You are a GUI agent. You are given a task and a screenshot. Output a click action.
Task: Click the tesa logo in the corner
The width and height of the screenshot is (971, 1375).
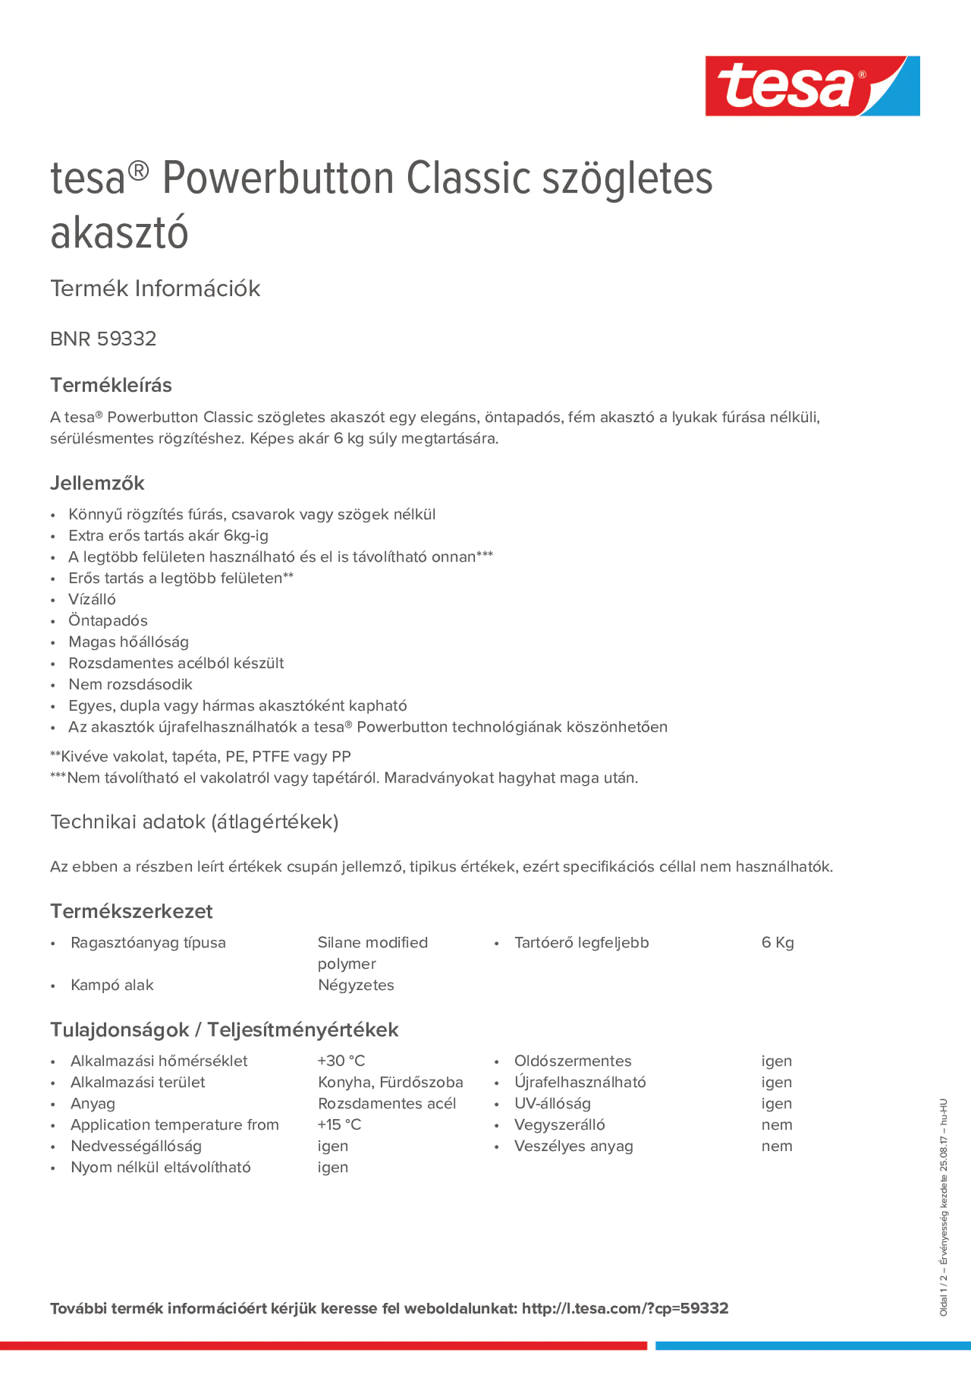(x=812, y=85)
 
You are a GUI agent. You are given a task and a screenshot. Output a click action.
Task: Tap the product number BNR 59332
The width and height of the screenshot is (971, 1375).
(x=103, y=339)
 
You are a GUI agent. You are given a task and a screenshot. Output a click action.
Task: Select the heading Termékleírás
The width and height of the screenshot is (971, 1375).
(x=111, y=385)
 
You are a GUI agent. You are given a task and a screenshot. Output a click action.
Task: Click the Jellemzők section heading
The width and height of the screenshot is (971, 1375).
(x=97, y=483)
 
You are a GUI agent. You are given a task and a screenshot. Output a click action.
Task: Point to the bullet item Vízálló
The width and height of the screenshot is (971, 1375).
(x=92, y=599)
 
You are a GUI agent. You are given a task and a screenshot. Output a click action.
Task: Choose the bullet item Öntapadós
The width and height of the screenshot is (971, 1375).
(x=108, y=620)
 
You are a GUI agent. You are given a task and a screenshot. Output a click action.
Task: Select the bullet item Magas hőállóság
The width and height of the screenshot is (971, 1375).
(x=129, y=642)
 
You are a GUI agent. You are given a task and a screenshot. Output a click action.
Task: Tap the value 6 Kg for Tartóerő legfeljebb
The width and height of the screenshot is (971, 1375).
(x=777, y=943)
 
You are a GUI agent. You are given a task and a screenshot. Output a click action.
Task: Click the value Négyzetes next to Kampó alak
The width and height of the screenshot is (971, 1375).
(x=356, y=985)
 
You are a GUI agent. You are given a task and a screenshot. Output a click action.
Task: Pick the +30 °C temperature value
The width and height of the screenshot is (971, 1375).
(x=341, y=1060)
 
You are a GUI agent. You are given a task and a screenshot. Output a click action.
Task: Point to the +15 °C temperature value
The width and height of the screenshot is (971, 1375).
(x=340, y=1125)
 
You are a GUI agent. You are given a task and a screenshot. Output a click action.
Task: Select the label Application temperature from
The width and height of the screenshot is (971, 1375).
(x=175, y=1125)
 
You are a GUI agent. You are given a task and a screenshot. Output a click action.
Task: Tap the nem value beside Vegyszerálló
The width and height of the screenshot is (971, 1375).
(x=776, y=1125)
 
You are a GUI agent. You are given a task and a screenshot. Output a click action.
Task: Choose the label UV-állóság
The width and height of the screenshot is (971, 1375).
(x=553, y=1103)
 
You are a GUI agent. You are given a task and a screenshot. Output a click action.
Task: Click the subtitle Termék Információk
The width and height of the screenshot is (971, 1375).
(x=155, y=289)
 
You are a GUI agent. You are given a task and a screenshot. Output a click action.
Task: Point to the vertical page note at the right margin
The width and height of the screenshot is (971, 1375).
(x=943, y=1207)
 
